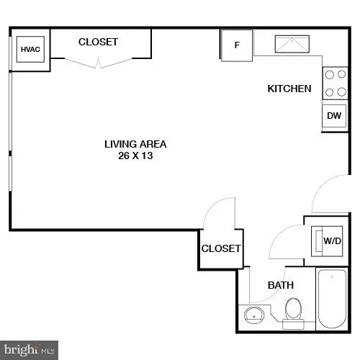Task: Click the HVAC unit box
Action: pyautogui.click(x=30, y=50)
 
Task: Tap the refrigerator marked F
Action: pyautogui.click(x=236, y=45)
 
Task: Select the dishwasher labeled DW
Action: pyautogui.click(x=333, y=115)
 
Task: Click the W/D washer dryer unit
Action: pyautogui.click(x=332, y=240)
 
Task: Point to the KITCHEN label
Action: pyautogui.click(x=289, y=89)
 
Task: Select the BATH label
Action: pyautogui.click(x=281, y=285)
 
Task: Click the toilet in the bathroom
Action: pyautogui.click(x=293, y=311)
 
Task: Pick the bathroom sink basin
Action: pyautogui.click(x=253, y=315)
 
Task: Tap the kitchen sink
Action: pyautogui.click(x=290, y=45)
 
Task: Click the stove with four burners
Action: pyautogui.click(x=333, y=82)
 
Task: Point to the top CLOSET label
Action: pyautogui.click(x=98, y=42)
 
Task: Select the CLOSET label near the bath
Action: pyautogui.click(x=220, y=248)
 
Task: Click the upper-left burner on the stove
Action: pyautogui.click(x=329, y=74)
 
